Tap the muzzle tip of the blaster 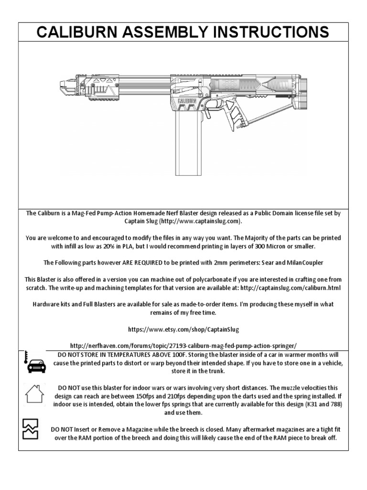pyautogui.click(x=63, y=87)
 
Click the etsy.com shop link pyautogui.click(x=183, y=330)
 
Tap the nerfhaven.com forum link pyautogui.click(x=183, y=345)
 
